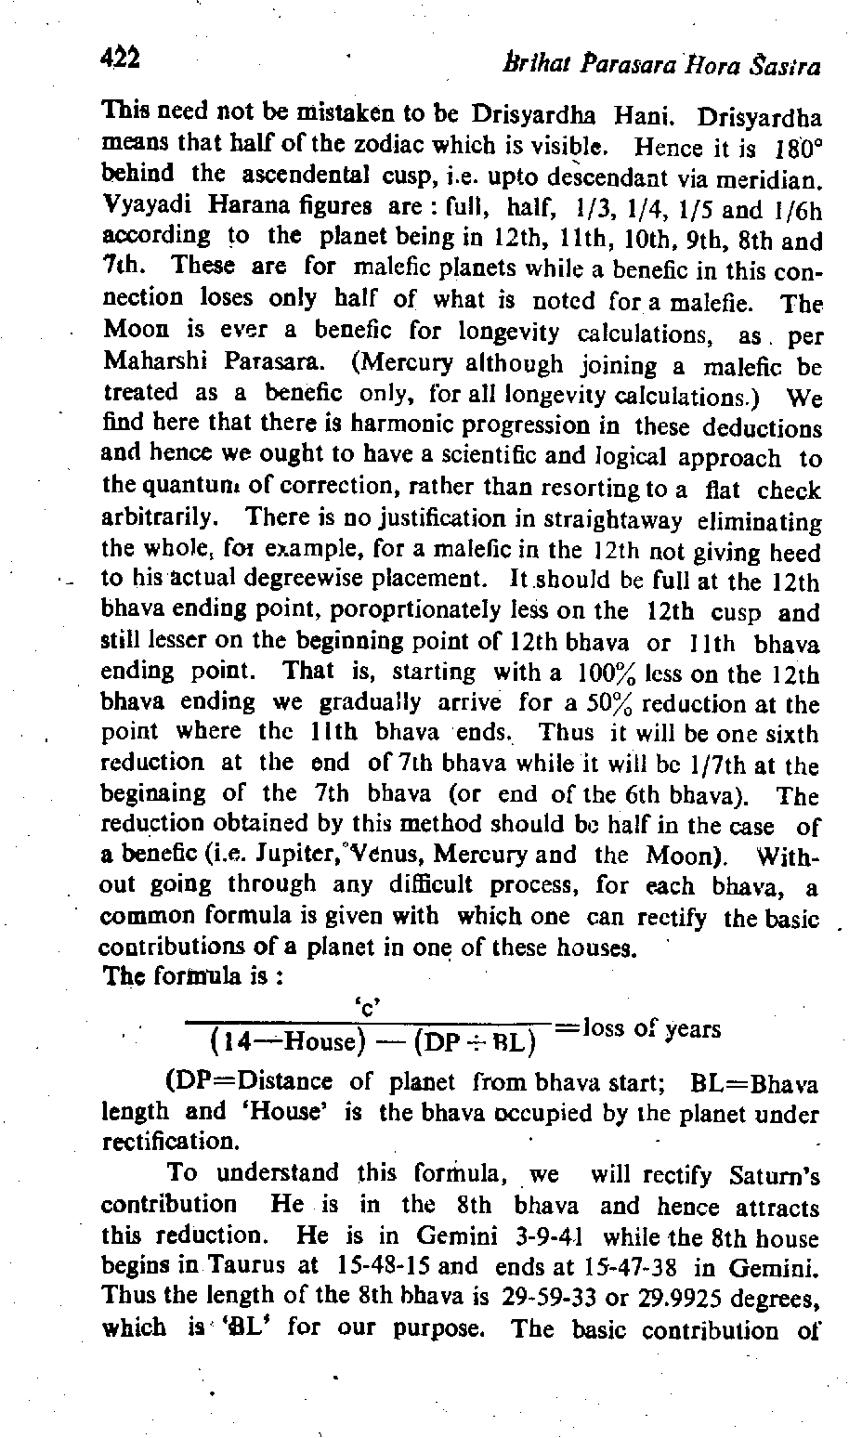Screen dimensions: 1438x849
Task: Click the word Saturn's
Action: click(x=772, y=1176)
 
